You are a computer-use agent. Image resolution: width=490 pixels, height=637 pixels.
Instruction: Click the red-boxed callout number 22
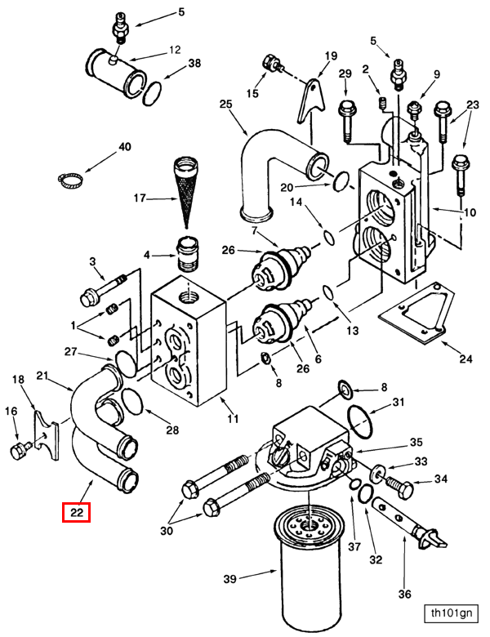click(77, 512)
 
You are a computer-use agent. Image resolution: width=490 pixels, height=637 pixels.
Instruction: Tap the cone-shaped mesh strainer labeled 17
click(186, 191)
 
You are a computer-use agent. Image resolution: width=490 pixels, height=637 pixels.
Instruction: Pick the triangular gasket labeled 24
click(416, 313)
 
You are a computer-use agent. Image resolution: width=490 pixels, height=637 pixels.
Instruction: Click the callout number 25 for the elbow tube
click(226, 105)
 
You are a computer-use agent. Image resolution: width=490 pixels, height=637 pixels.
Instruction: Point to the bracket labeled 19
click(312, 100)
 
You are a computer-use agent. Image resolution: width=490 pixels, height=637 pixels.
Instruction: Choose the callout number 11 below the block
click(233, 418)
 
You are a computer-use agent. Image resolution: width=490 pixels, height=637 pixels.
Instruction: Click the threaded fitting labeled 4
click(188, 255)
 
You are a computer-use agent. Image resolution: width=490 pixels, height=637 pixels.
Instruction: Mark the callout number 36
click(405, 594)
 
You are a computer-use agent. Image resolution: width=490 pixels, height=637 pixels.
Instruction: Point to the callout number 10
click(470, 212)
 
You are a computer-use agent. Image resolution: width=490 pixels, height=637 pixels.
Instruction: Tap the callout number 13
click(353, 330)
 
